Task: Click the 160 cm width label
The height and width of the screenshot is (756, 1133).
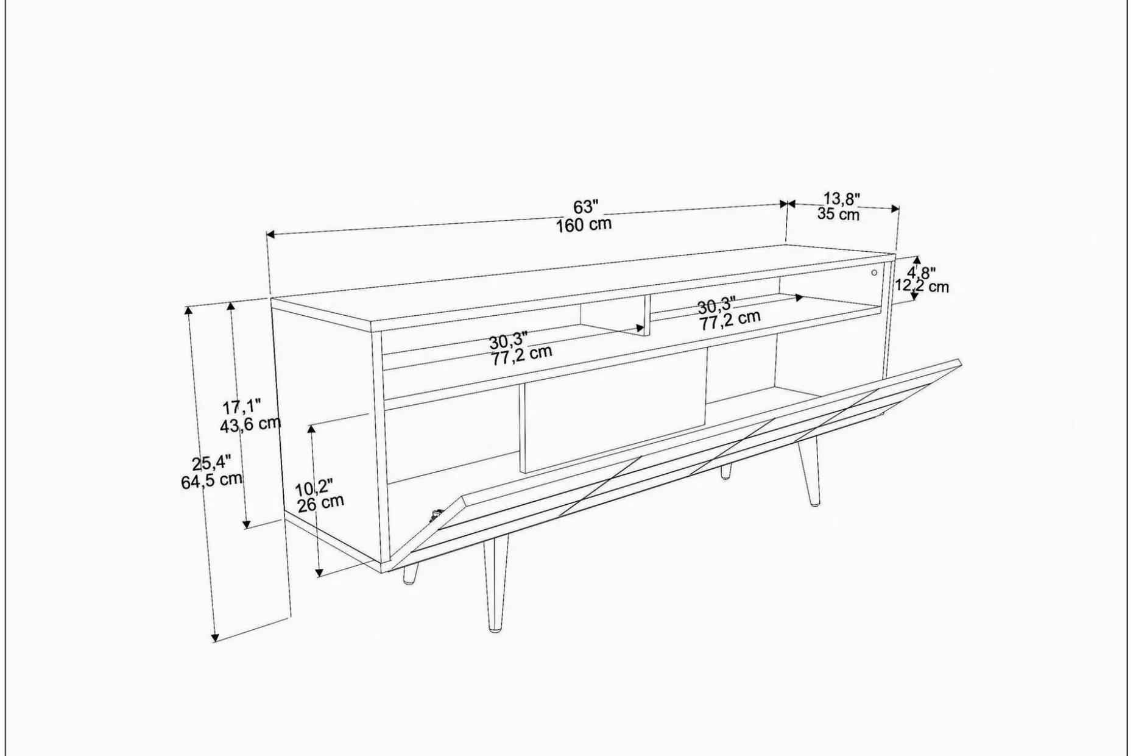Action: point(584,224)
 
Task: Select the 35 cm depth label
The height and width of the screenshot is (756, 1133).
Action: point(838,214)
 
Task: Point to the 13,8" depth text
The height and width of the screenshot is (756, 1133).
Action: point(841,198)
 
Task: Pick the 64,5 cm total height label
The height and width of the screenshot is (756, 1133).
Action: point(211,480)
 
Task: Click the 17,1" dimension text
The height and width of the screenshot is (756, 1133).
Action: point(242,406)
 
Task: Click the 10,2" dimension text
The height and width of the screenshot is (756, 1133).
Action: point(314,487)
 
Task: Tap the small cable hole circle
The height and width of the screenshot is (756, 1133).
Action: point(874,273)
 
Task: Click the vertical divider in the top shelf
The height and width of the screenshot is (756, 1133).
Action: point(644,313)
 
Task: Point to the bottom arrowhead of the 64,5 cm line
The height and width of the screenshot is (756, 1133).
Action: point(214,637)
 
